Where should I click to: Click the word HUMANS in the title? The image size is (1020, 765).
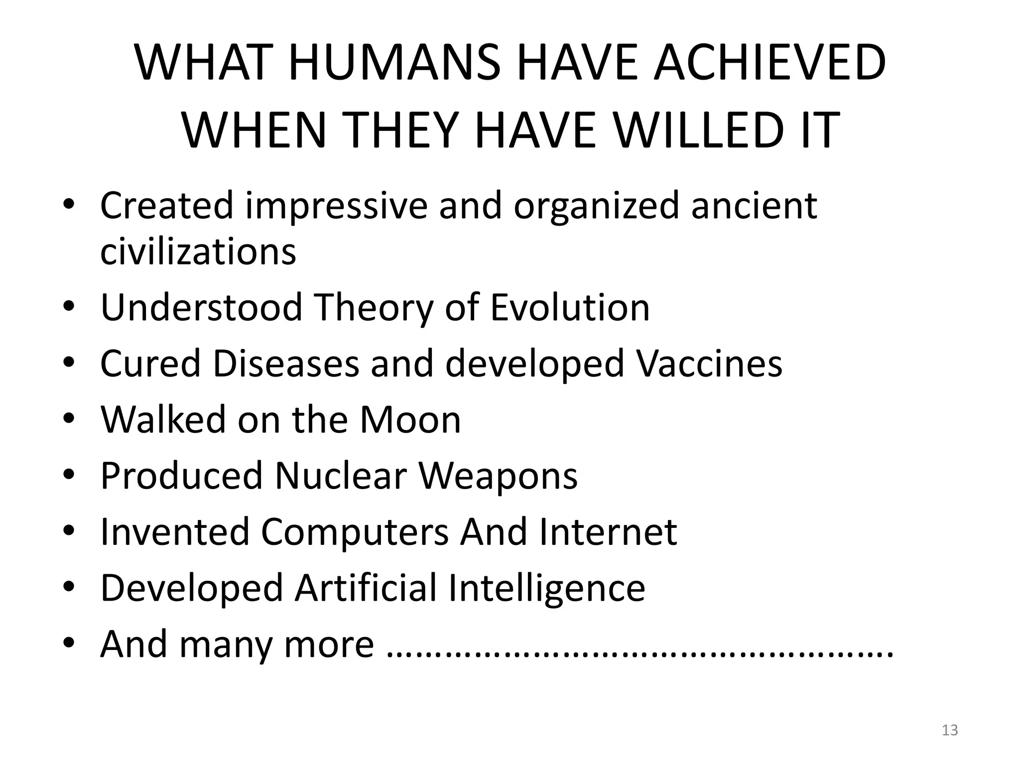click(393, 63)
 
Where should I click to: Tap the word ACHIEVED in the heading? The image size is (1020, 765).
click(769, 63)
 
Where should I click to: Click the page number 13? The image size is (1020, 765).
click(950, 730)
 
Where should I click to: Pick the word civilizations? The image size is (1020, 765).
click(198, 251)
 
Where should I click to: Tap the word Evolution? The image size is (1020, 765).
click(570, 307)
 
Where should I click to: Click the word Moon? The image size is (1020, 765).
click(410, 420)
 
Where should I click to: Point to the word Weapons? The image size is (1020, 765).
click(498, 476)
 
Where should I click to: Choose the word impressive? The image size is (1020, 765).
click(336, 205)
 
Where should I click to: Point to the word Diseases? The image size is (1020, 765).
click(286, 364)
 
